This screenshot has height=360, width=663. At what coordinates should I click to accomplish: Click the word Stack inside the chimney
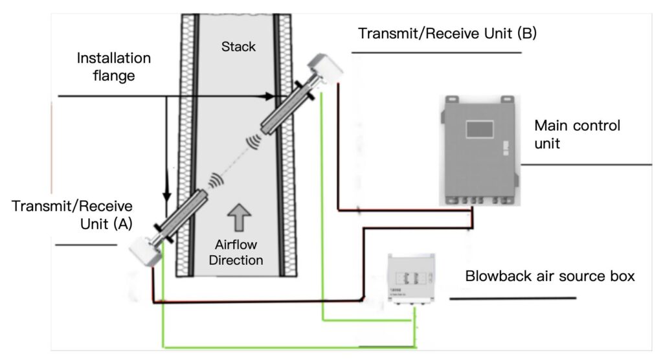(238, 47)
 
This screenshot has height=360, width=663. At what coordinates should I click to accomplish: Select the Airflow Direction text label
(239, 253)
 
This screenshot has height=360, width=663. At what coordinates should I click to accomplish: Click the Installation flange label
(114, 67)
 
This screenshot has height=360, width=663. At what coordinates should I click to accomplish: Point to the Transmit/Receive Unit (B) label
(446, 33)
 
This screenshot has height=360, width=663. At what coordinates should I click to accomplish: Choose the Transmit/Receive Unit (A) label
(71, 214)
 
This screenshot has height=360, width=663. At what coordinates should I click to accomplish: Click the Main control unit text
(577, 134)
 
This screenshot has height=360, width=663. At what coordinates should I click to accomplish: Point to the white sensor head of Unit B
(325, 67)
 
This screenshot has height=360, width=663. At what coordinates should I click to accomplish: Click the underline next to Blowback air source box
(512, 298)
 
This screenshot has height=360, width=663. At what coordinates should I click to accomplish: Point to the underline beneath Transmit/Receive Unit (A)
(85, 245)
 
